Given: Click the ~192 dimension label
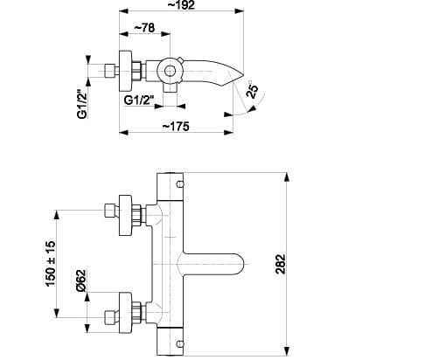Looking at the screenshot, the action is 181,5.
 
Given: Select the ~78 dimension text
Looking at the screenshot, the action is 144,28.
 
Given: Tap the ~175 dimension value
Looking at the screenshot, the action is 176,127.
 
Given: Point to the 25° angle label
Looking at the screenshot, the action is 253,89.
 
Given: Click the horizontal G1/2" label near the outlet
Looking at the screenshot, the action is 139,100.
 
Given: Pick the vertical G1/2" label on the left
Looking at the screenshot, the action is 82,102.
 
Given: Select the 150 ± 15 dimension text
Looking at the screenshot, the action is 50,264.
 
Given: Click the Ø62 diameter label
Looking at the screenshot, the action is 81,280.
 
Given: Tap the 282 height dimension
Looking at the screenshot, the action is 281,264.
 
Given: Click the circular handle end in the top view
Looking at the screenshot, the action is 170,71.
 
